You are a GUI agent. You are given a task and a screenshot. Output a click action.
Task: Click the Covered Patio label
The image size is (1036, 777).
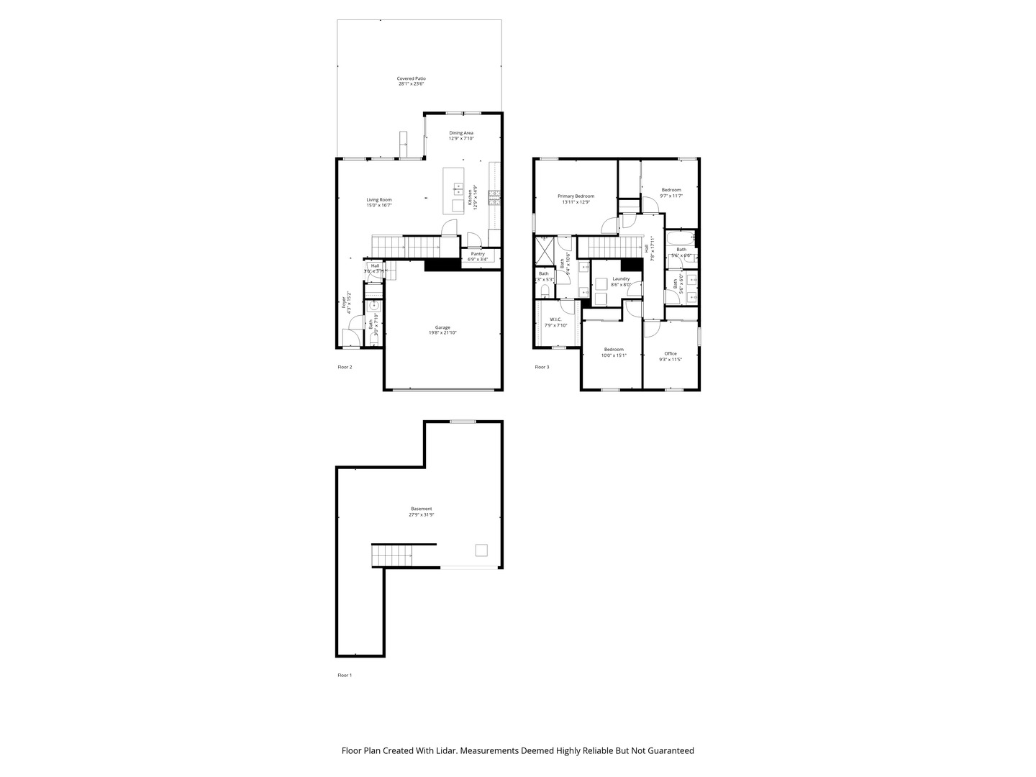pos(411,78)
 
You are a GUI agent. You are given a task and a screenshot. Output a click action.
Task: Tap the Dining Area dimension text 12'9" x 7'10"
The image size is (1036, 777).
pos(461,138)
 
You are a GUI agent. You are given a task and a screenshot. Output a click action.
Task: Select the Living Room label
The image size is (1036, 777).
pos(379,200)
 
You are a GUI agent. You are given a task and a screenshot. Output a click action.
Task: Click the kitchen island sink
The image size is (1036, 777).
pos(458,188)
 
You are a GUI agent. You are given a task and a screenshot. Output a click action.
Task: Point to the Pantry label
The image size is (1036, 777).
pos(477,253)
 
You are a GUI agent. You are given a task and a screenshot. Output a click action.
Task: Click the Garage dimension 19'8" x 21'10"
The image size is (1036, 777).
pos(442,332)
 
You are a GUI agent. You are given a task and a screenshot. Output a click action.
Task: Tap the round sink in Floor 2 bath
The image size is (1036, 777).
pos(374,306)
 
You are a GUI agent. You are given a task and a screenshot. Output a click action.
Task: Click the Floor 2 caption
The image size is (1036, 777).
pos(345,367)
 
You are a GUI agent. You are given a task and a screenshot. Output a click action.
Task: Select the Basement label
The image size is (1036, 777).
pos(422,509)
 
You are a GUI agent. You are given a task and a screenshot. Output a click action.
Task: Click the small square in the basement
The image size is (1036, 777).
pos(481,550)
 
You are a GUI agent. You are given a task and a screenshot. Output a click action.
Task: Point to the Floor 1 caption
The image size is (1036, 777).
pos(345,675)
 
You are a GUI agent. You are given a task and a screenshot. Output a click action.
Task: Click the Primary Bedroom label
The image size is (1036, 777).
pos(576,196)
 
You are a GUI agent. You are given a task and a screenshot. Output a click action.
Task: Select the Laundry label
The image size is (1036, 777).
pos(621,278)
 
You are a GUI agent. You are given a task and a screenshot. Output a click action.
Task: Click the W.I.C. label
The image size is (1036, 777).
pos(555,319)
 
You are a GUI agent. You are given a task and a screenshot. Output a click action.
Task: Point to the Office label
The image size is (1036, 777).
pos(671,353)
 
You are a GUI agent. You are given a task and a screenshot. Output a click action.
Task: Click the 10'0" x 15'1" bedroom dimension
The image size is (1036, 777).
pos(614,355)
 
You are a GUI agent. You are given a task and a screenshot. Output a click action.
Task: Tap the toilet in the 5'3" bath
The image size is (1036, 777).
pos(544,290)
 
